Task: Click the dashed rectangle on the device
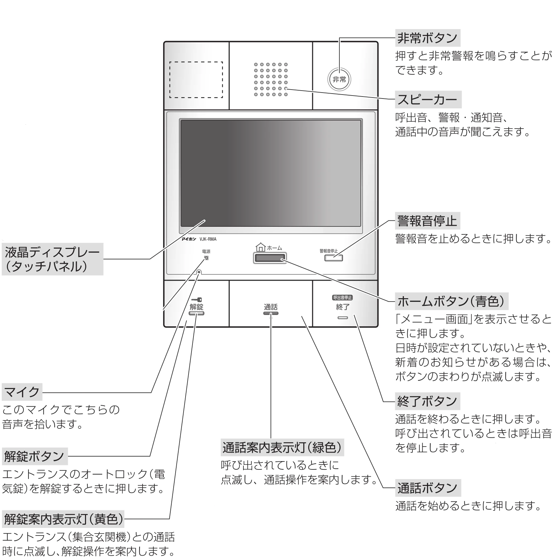[x=196, y=79]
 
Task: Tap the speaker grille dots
[x=271, y=79]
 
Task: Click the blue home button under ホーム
[x=270, y=258]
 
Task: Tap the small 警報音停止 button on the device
[x=333, y=258]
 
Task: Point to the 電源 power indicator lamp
[x=206, y=258]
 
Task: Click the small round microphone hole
[x=199, y=272]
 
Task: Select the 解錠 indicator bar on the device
[x=196, y=313]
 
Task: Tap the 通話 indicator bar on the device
[x=271, y=313]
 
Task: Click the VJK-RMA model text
[x=208, y=239]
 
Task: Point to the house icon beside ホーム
[x=261, y=247]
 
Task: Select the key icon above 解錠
[x=196, y=300]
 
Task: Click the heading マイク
[x=22, y=392]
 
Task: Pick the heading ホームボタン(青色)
[x=451, y=301]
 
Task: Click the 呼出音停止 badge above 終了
[x=342, y=298]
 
